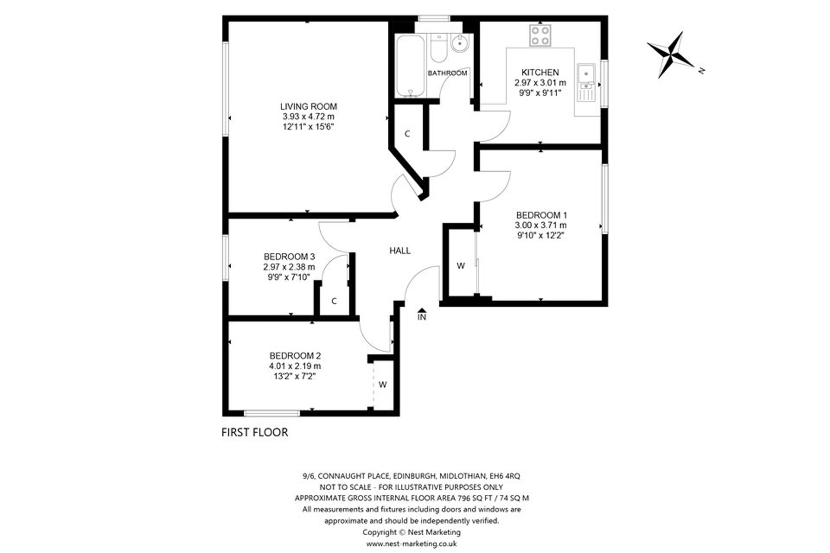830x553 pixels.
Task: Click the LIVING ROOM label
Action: tap(308, 106)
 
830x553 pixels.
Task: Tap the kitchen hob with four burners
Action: tap(540, 35)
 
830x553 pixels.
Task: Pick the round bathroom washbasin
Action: tap(459, 43)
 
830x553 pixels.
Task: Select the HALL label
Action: tap(400, 251)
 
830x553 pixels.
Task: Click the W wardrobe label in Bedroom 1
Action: tap(461, 266)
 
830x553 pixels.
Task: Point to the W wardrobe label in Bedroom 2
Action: tap(383, 384)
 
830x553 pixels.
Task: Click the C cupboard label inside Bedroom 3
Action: tap(334, 301)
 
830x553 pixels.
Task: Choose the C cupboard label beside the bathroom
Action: tap(407, 134)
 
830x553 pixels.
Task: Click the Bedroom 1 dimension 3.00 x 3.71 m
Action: tap(540, 225)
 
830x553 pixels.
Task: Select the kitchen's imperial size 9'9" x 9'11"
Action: tap(540, 92)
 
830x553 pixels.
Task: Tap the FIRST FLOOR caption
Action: tap(255, 432)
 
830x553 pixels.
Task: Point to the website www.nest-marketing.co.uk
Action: tap(411, 543)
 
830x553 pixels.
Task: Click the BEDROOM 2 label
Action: tap(295, 356)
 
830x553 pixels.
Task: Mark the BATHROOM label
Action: tap(447, 73)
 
